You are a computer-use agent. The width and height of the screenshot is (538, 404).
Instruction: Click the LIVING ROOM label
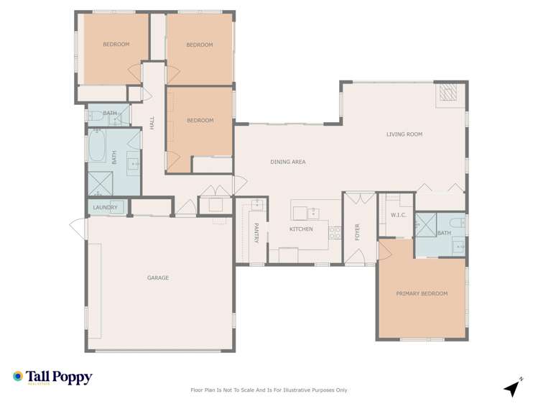point(404,134)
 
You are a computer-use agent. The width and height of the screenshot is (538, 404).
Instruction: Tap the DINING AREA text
point(288,162)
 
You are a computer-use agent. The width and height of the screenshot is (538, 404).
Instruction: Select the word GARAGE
point(158,278)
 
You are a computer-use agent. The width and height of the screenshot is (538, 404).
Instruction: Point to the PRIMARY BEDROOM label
point(422,294)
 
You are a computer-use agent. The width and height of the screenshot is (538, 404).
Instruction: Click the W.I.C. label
point(399,215)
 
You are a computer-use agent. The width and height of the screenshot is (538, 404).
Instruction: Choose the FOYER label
point(357,231)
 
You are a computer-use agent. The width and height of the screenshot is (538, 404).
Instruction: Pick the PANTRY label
point(256,233)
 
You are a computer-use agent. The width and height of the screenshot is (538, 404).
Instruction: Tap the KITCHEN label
point(301,229)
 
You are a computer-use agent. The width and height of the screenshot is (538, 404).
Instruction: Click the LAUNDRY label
point(105,208)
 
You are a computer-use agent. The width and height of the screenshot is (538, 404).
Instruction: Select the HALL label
point(152,124)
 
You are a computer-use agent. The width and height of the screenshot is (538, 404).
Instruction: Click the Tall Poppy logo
point(52,377)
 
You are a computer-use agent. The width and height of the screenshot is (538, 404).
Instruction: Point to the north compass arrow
point(512,387)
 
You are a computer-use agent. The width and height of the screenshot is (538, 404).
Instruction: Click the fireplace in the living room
point(448,94)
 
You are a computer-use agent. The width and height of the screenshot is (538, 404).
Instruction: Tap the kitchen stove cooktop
point(334,232)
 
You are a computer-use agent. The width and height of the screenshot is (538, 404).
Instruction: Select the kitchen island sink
point(313,212)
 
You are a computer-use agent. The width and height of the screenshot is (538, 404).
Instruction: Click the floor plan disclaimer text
point(269,390)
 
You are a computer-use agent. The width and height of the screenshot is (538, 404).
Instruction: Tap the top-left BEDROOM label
point(116,45)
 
